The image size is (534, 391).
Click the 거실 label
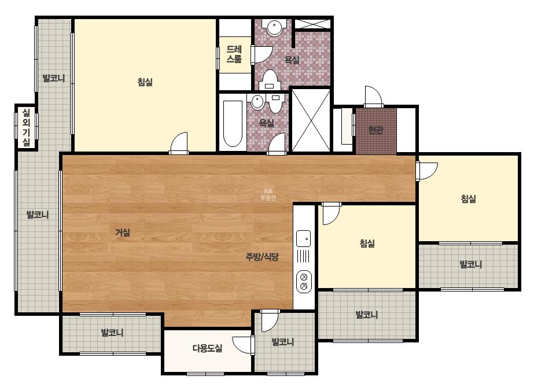click(x=123, y=233)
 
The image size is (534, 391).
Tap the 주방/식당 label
click(x=262, y=256)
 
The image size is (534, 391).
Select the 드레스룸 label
click(x=234, y=54)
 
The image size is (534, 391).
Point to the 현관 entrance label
click(x=376, y=130)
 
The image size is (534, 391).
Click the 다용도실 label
click(x=207, y=348)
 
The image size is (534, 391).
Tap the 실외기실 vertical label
click(x=26, y=127)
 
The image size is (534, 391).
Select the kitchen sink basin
click(x=303, y=238)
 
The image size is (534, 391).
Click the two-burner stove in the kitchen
click(x=304, y=282)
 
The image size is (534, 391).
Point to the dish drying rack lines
click(x=303, y=256)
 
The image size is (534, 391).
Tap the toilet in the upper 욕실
click(x=270, y=80)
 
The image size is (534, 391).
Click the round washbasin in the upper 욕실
click(x=274, y=27)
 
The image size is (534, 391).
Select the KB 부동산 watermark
click(x=268, y=194)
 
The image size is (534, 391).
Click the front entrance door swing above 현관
click(x=373, y=97)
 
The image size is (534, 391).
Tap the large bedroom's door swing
click(x=179, y=143)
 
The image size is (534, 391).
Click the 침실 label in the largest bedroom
click(x=145, y=82)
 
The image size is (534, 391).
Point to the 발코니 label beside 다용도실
click(x=283, y=342)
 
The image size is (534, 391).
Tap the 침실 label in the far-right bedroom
click(x=468, y=198)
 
